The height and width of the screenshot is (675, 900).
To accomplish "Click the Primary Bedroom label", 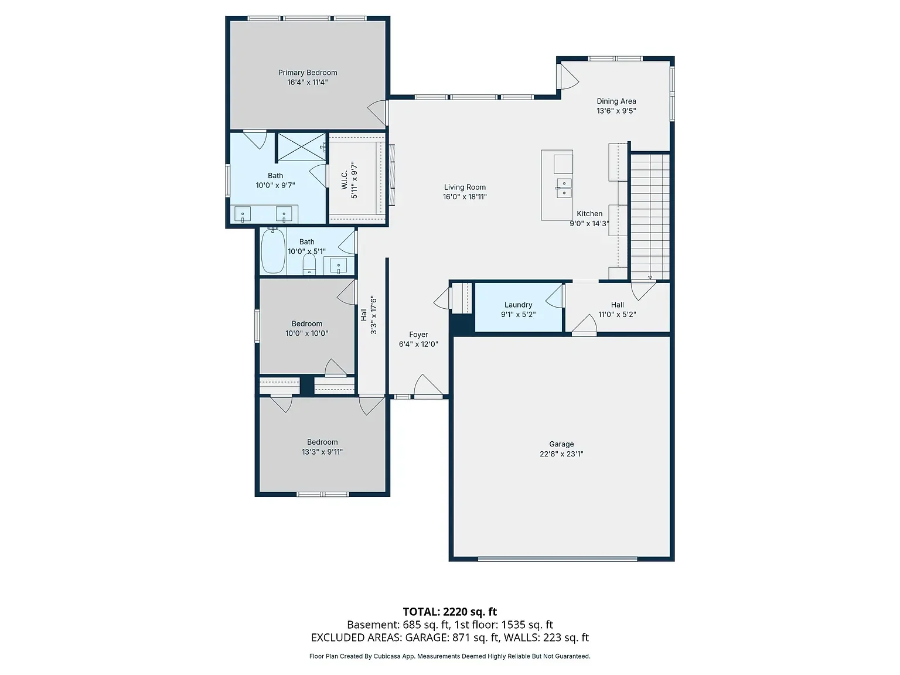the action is (x=308, y=73).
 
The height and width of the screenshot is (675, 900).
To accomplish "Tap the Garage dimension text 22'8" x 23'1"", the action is (x=561, y=454).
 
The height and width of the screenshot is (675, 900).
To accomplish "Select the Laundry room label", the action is (x=519, y=305).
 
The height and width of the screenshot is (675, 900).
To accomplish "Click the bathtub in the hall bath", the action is (x=273, y=250).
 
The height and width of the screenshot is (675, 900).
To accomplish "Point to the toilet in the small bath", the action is (x=309, y=265).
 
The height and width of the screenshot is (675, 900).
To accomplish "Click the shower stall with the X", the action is (x=302, y=146).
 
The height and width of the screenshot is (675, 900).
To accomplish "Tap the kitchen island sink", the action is (x=564, y=188).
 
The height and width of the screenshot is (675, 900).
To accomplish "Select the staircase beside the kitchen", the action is (x=650, y=216).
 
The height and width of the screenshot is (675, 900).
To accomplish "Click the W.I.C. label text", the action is (x=345, y=180).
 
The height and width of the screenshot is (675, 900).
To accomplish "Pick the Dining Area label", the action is (x=616, y=101).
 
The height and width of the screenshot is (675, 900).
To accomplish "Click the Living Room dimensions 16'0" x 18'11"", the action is (x=465, y=197).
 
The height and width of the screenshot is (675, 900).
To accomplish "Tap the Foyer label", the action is (x=418, y=335).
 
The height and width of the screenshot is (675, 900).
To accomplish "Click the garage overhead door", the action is (x=558, y=558).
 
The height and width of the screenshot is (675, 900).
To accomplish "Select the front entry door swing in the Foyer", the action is (x=428, y=386).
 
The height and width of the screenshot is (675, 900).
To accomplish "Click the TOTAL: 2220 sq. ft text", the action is (x=450, y=612).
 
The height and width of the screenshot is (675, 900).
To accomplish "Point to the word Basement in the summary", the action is (x=372, y=625).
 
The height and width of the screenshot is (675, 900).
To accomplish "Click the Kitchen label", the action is (x=589, y=213).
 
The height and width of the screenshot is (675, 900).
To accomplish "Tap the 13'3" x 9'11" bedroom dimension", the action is (x=322, y=452).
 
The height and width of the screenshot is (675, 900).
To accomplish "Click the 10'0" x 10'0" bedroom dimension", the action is (x=306, y=333).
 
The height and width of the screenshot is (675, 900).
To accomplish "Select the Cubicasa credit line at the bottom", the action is (x=450, y=656).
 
